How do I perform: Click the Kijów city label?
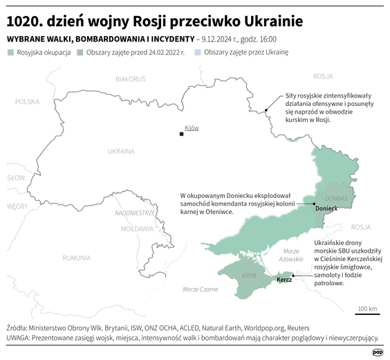pyautogui.click(x=192, y=128)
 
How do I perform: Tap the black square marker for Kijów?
pyautogui.click(x=182, y=133)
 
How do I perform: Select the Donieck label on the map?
pyautogui.click(x=326, y=208)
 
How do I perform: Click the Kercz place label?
pyautogui.click(x=284, y=280)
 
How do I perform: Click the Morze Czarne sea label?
pyautogui.click(x=200, y=289)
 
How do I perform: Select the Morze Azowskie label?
pyautogui.click(x=291, y=255)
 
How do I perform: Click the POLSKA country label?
pyautogui.click(x=28, y=102)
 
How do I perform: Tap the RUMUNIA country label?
pyautogui.click(x=76, y=258)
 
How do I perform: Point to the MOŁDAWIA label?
pyautogui.click(x=137, y=228)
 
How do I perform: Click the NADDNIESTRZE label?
pyautogui.click(x=136, y=213)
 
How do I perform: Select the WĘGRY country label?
pyautogui.click(x=17, y=206)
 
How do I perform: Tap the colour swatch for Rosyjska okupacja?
pyautogui.click(x=10, y=53)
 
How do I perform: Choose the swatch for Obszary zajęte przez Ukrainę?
pyautogui.click(x=198, y=53)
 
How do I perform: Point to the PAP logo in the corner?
pyautogui.click(x=378, y=352)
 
